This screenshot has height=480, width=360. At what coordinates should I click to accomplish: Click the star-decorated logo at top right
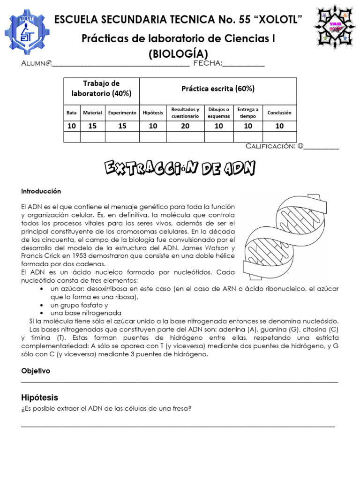click(x=335, y=27)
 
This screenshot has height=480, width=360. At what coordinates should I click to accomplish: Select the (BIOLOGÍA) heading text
click(x=179, y=54)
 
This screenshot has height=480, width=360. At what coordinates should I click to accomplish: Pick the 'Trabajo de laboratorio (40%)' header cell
click(x=101, y=88)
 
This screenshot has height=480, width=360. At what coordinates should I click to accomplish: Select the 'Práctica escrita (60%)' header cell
click(x=218, y=88)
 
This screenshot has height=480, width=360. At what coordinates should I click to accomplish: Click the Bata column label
click(x=72, y=112)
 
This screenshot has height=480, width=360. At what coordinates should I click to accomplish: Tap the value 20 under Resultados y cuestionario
click(x=185, y=126)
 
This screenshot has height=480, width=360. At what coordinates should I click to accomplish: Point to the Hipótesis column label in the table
click(x=153, y=112)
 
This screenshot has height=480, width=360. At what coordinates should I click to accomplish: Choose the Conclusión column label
click(x=279, y=112)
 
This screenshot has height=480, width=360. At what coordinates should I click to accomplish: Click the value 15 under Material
click(x=92, y=126)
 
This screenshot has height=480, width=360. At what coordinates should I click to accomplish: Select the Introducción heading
click(x=41, y=191)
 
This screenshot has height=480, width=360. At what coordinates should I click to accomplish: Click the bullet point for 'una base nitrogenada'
click(x=43, y=313)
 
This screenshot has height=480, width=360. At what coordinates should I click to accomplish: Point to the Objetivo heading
click(x=36, y=371)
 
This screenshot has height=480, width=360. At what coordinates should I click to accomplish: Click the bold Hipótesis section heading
click(x=40, y=397)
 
